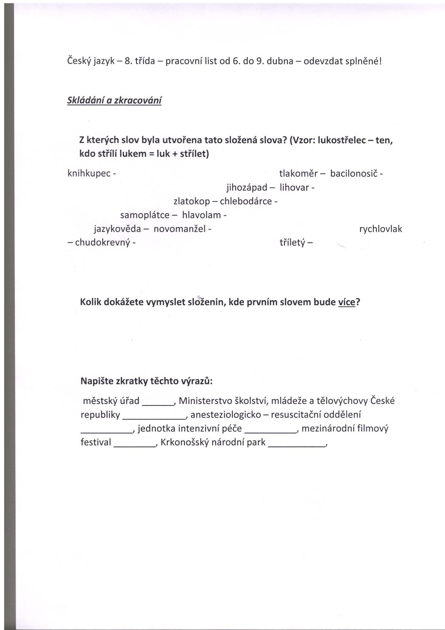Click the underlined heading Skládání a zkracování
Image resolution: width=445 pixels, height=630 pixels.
114,100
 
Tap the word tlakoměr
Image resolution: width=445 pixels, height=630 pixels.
298,173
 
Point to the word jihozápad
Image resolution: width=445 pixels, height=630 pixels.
247,187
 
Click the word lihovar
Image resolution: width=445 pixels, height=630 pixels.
294,187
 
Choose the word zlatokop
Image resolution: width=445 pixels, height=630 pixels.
192,201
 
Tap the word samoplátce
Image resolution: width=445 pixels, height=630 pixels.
145,215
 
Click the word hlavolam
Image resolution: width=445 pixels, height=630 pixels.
201,215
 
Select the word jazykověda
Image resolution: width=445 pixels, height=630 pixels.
117,229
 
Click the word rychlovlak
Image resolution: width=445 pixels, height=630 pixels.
380,229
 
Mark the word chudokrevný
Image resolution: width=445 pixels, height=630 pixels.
103,243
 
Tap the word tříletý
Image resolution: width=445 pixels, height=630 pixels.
293,243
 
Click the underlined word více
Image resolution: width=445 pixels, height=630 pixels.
347,302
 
